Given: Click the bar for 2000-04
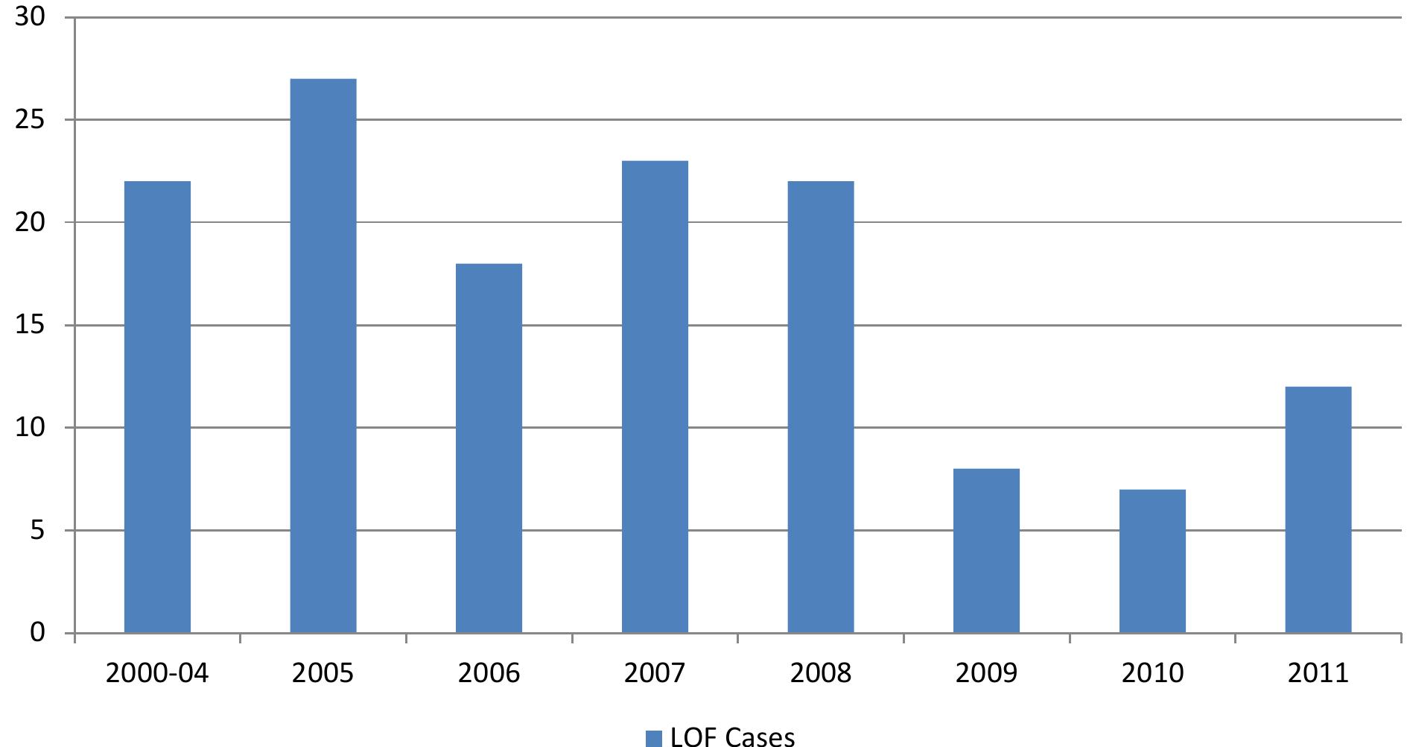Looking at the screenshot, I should point(157,407).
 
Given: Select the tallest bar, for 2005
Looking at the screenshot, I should point(323,356).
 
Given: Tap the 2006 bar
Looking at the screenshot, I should point(489,448).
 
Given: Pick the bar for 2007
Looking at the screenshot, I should point(655,397).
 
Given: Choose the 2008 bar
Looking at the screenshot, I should point(821,407).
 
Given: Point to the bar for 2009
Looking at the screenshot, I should point(986,551).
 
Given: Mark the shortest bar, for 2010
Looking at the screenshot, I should point(1152,561).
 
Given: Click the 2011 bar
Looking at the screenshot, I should point(1318,510).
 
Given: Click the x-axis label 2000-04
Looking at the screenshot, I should point(157,673).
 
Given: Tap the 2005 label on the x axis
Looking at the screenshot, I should point(323,673).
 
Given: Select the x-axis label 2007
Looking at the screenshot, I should point(655,673).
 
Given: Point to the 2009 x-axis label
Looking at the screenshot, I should point(986,673).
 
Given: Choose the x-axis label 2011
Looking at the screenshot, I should point(1318,673).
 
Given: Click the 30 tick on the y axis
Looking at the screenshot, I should point(31,17).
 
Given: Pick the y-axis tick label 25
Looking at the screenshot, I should point(31,120).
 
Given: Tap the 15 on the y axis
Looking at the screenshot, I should point(31,325).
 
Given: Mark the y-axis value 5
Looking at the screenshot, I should point(38,531).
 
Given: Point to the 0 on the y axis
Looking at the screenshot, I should point(38,633).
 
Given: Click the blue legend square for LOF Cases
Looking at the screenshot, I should point(653,737).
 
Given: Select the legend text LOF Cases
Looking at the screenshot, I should point(732,737).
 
